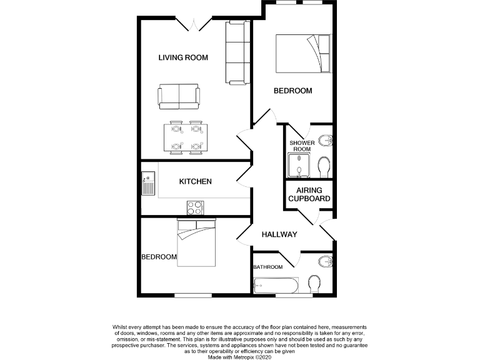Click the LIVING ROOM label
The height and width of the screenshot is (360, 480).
point(182,57)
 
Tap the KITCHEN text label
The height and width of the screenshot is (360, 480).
point(196,182)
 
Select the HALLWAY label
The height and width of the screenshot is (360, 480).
point(278,234)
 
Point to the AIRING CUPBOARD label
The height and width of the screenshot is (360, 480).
point(309,194)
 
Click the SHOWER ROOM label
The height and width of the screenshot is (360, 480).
point(301,146)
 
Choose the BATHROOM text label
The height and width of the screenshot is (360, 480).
point(267,267)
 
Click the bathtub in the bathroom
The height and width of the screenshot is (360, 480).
point(277,286)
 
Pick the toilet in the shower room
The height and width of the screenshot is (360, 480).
point(324,166)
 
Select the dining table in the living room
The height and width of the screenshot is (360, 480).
point(186,138)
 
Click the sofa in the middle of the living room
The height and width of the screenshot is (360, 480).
point(179,95)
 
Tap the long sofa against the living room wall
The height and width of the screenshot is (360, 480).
point(237,53)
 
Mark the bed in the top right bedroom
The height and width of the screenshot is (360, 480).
point(302,53)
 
